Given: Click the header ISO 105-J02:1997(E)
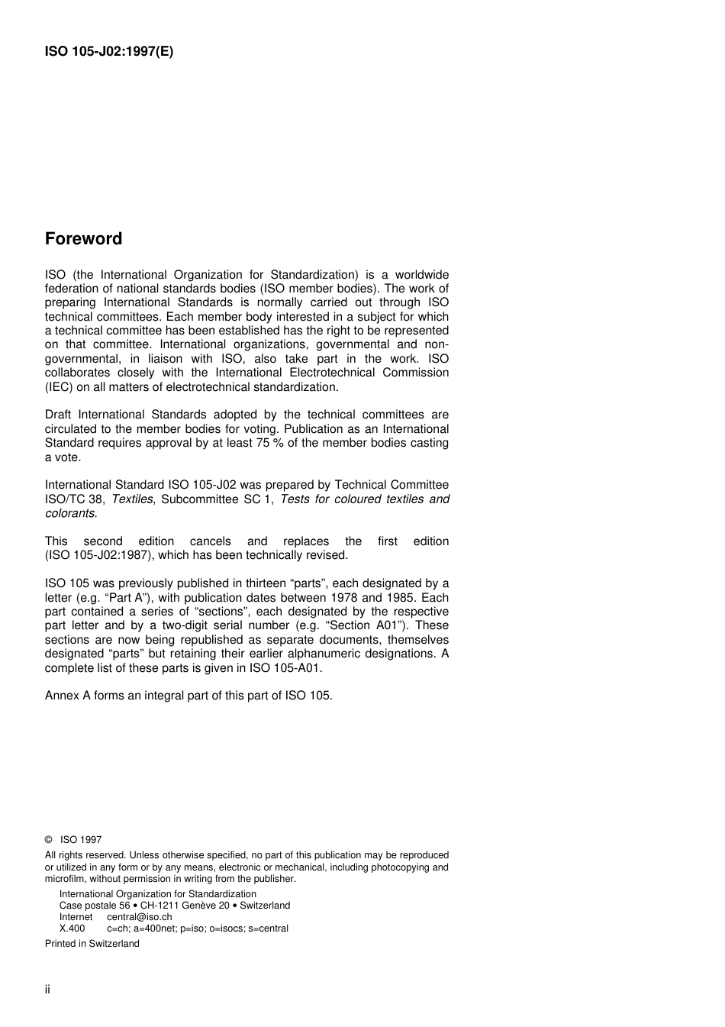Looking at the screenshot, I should (109, 52).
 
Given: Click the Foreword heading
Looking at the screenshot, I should (83, 239).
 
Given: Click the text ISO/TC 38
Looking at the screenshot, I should (73, 499).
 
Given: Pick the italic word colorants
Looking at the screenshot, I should (70, 513).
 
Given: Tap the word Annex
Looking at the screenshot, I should (61, 696).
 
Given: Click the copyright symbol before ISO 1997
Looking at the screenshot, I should (49, 840).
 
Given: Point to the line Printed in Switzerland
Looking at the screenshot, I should (92, 944).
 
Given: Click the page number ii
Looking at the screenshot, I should (47, 990).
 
